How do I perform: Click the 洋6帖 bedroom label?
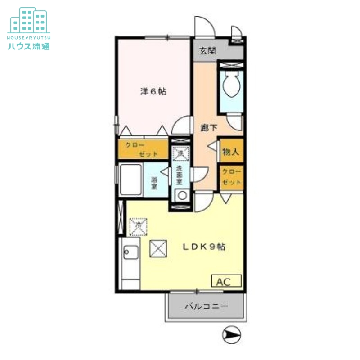153,92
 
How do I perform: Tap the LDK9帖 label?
203,247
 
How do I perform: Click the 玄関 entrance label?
207,50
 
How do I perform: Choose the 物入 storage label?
230,152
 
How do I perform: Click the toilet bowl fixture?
231,85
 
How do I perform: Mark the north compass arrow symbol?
232,334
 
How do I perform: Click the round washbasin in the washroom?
182,196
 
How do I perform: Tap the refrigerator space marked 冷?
138,226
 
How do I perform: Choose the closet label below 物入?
231,177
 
